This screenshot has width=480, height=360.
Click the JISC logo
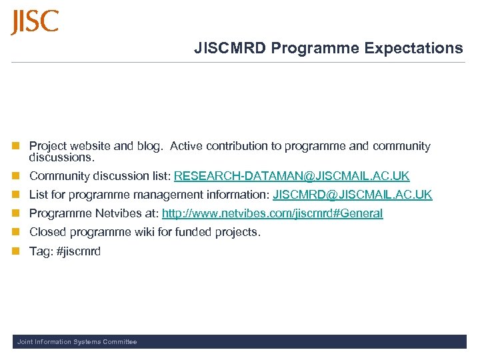pos(35,22)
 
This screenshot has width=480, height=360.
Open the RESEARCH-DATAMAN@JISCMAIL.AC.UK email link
pos(291,176)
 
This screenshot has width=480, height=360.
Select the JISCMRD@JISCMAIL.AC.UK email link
pos(352,195)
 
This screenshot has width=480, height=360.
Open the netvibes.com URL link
pos(272,213)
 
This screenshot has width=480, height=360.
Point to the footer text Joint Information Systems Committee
pos(77,342)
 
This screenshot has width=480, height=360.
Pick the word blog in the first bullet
pos(150,146)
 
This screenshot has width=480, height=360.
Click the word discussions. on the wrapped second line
pos(62,158)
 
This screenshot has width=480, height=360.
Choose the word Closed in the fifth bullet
pos(46,232)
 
